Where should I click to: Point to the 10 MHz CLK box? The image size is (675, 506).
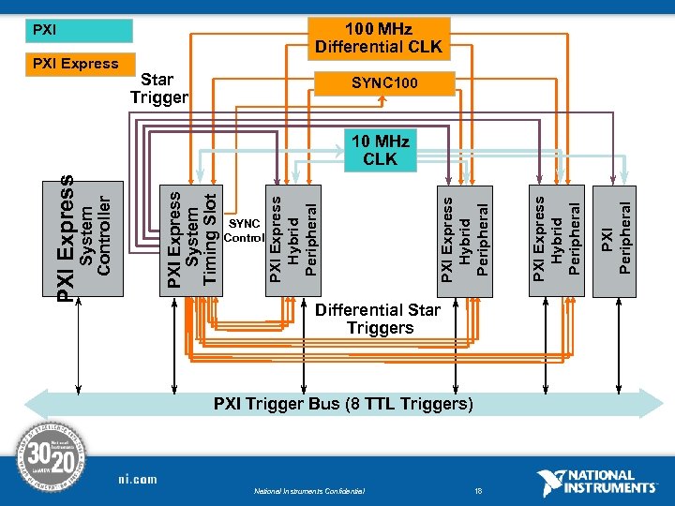(380, 150)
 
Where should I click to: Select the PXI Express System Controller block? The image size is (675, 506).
(87, 239)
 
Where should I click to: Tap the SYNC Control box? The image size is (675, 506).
(245, 231)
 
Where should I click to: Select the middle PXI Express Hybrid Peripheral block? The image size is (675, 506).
(466, 239)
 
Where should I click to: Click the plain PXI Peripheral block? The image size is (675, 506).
(618, 239)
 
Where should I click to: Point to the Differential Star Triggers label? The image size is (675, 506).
(379, 319)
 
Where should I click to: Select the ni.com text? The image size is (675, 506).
(137, 479)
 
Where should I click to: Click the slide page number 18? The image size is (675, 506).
(478, 490)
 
